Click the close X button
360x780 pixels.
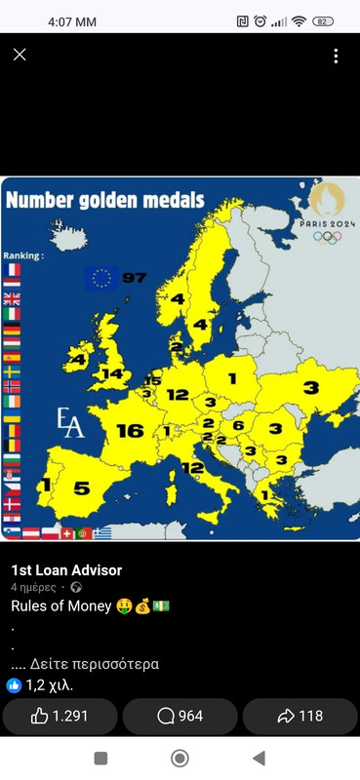tap(20, 56)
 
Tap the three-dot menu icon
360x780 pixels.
tap(336, 56)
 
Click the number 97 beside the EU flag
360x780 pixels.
tap(134, 278)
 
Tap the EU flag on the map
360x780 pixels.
tap(101, 279)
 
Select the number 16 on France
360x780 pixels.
tap(130, 430)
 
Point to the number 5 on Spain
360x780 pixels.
tap(82, 488)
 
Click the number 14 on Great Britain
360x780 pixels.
tap(113, 373)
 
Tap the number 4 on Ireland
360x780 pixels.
tap(79, 360)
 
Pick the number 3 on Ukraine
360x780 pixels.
tap(310, 387)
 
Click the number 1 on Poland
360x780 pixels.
tap(232, 377)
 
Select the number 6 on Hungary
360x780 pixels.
tap(237, 426)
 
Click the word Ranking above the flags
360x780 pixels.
tap(23, 255)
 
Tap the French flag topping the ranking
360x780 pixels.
tap(12, 270)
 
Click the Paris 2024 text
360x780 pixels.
tap(327, 222)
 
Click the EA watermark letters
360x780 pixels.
tap(70, 423)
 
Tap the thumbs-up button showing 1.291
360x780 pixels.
tap(60, 716)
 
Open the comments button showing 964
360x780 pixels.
tap(180, 716)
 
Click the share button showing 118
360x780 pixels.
tap(300, 716)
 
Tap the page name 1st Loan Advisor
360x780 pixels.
tap(66, 570)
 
